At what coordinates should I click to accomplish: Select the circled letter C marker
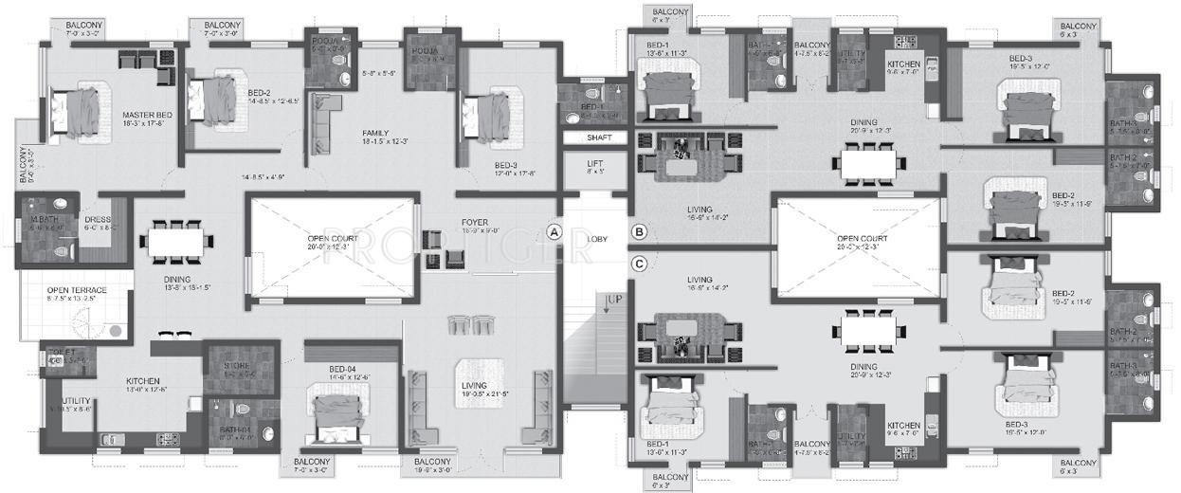(640, 265)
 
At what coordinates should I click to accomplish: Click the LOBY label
(597, 239)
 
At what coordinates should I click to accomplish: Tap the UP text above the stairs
(613, 299)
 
